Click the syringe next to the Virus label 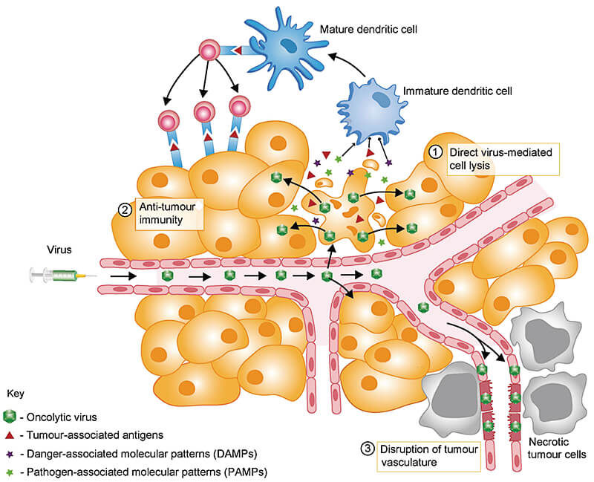(x=56, y=276)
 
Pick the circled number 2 (x=124, y=209)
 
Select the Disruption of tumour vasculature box (x=416, y=455)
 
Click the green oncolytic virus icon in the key (x=10, y=417)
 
